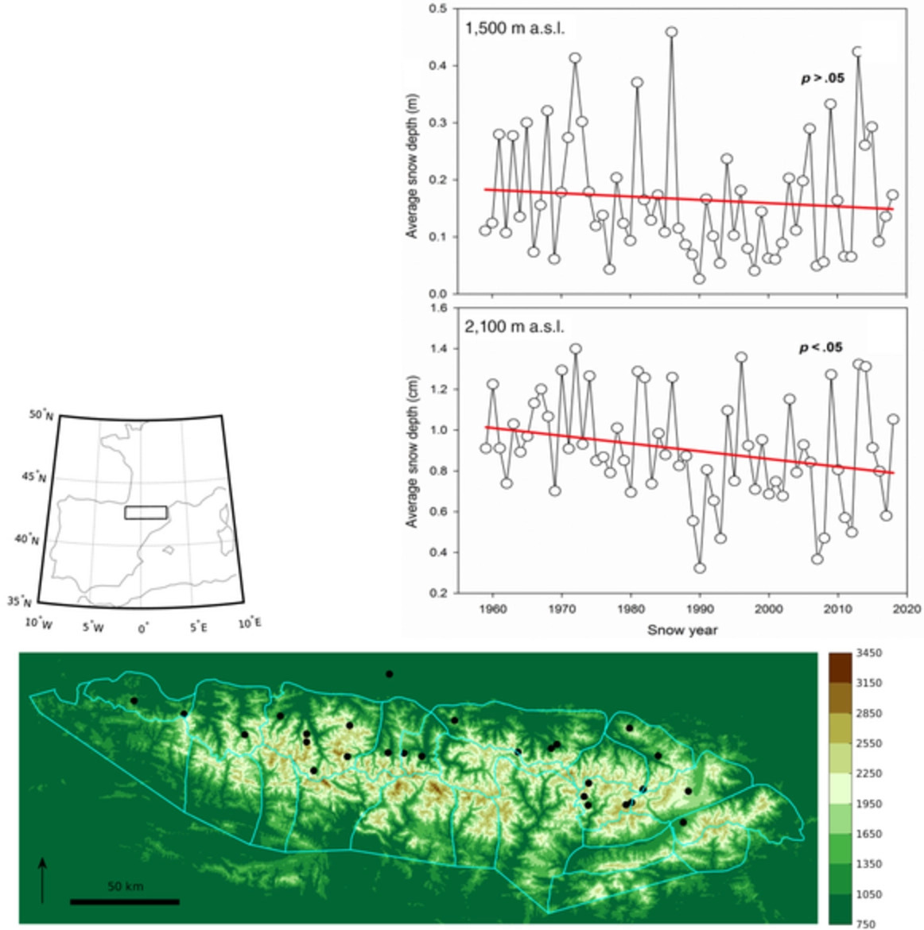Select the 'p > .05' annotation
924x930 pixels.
(x=821, y=79)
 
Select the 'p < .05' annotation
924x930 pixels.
(x=820, y=347)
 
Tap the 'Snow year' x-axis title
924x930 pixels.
(x=682, y=630)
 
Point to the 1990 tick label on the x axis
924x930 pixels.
(x=700, y=610)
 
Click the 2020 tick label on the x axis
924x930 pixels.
(x=907, y=610)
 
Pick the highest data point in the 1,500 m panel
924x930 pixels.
(x=672, y=33)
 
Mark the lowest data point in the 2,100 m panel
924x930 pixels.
(x=700, y=568)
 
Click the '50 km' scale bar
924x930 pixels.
(x=124, y=901)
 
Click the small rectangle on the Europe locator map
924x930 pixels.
(x=146, y=513)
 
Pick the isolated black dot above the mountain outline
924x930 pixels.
(x=389, y=674)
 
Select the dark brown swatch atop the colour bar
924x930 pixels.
(x=840, y=666)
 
